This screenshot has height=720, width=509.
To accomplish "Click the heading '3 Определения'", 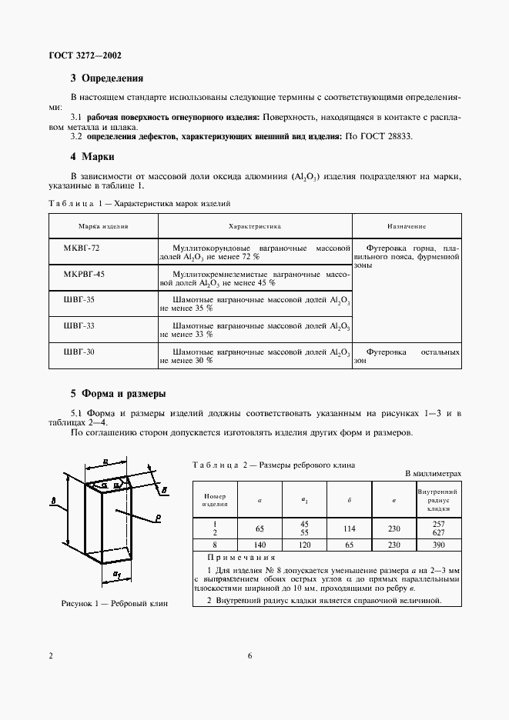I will tap(106, 78).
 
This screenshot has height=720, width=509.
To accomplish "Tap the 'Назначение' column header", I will tap(407, 227).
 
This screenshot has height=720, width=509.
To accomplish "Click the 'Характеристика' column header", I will tap(255, 227).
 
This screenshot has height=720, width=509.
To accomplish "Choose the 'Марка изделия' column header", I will tap(103, 227).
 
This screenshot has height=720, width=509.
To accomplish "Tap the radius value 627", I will tap(437, 532).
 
